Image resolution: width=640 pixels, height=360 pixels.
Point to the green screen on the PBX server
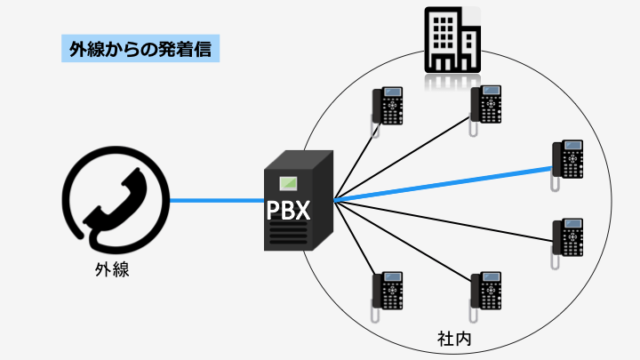(289, 185)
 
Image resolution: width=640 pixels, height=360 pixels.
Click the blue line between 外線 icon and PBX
(218, 200)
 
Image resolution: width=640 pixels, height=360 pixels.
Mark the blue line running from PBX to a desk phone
(444, 183)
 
